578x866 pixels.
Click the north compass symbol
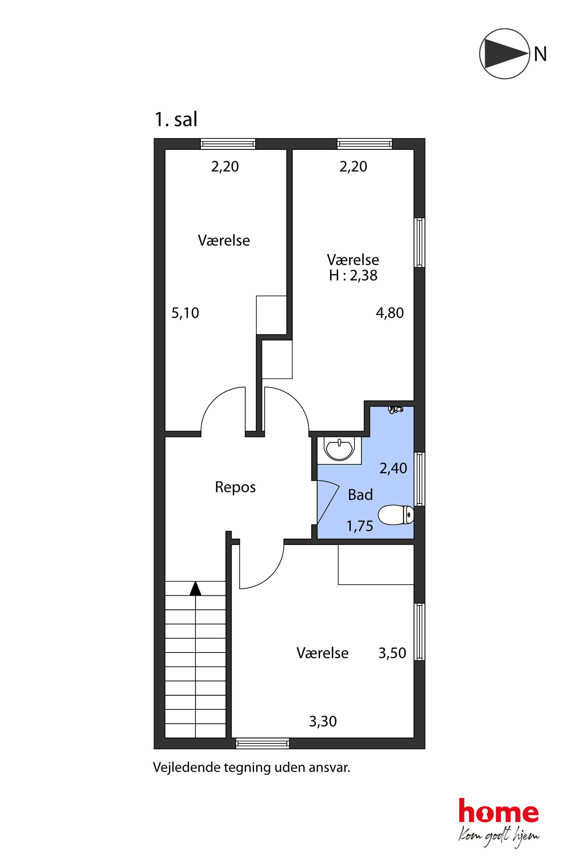pyautogui.click(x=504, y=54)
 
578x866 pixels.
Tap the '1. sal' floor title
pyautogui.click(x=176, y=119)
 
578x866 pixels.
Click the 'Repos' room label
pyautogui.click(x=235, y=487)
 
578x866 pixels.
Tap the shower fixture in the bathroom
pyautogui.click(x=396, y=409)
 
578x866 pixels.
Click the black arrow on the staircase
pyautogui.click(x=195, y=588)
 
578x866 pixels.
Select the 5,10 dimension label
pyautogui.click(x=185, y=313)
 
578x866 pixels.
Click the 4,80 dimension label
pyautogui.click(x=390, y=313)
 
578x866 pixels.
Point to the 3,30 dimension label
pyautogui.click(x=323, y=721)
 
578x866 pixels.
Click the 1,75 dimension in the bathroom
pyautogui.click(x=360, y=526)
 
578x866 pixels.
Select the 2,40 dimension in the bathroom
pyautogui.click(x=393, y=468)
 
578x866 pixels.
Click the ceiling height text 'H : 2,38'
pyautogui.click(x=353, y=275)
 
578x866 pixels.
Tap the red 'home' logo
pyautogui.click(x=498, y=810)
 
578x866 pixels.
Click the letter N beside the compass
pyautogui.click(x=540, y=54)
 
